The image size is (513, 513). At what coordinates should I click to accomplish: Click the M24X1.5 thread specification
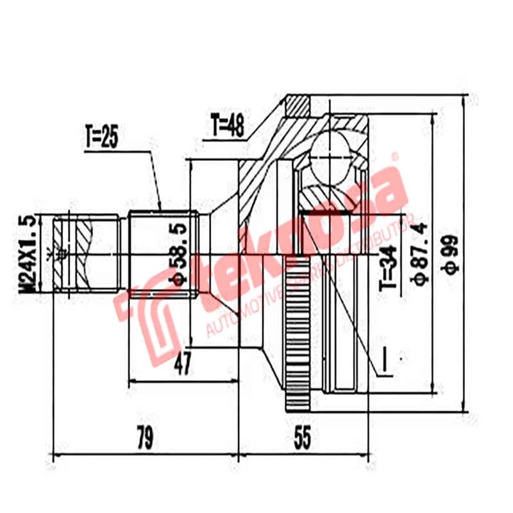(29, 255)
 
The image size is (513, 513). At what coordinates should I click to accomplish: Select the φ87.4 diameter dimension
(421, 255)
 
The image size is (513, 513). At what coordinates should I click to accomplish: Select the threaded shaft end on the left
(80, 255)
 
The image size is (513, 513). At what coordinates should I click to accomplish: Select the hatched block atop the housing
(298, 105)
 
